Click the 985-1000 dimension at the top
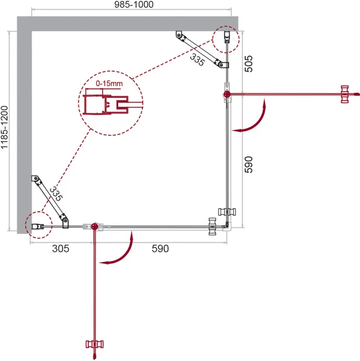point(134,4)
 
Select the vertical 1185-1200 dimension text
point(4,127)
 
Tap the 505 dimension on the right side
point(249,64)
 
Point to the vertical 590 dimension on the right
point(249,165)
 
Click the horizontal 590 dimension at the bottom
point(160,249)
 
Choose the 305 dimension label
point(61,249)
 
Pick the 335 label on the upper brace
point(197,60)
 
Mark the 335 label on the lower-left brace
point(56,194)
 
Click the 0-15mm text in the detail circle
point(109,83)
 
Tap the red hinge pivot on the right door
point(227,94)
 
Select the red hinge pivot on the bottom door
point(94,226)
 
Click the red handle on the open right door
point(345,94)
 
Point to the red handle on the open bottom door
point(94,344)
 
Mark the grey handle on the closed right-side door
point(227,212)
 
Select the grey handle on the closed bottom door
point(212,226)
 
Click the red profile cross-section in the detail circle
point(106,104)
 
